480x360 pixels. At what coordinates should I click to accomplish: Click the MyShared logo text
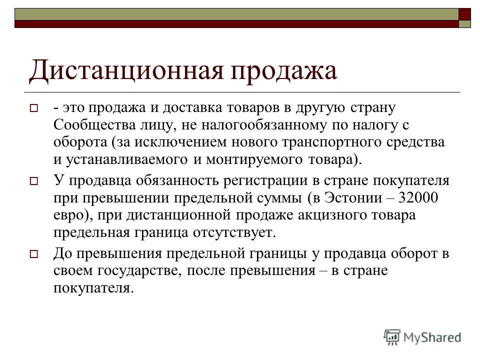click(x=433, y=336)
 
